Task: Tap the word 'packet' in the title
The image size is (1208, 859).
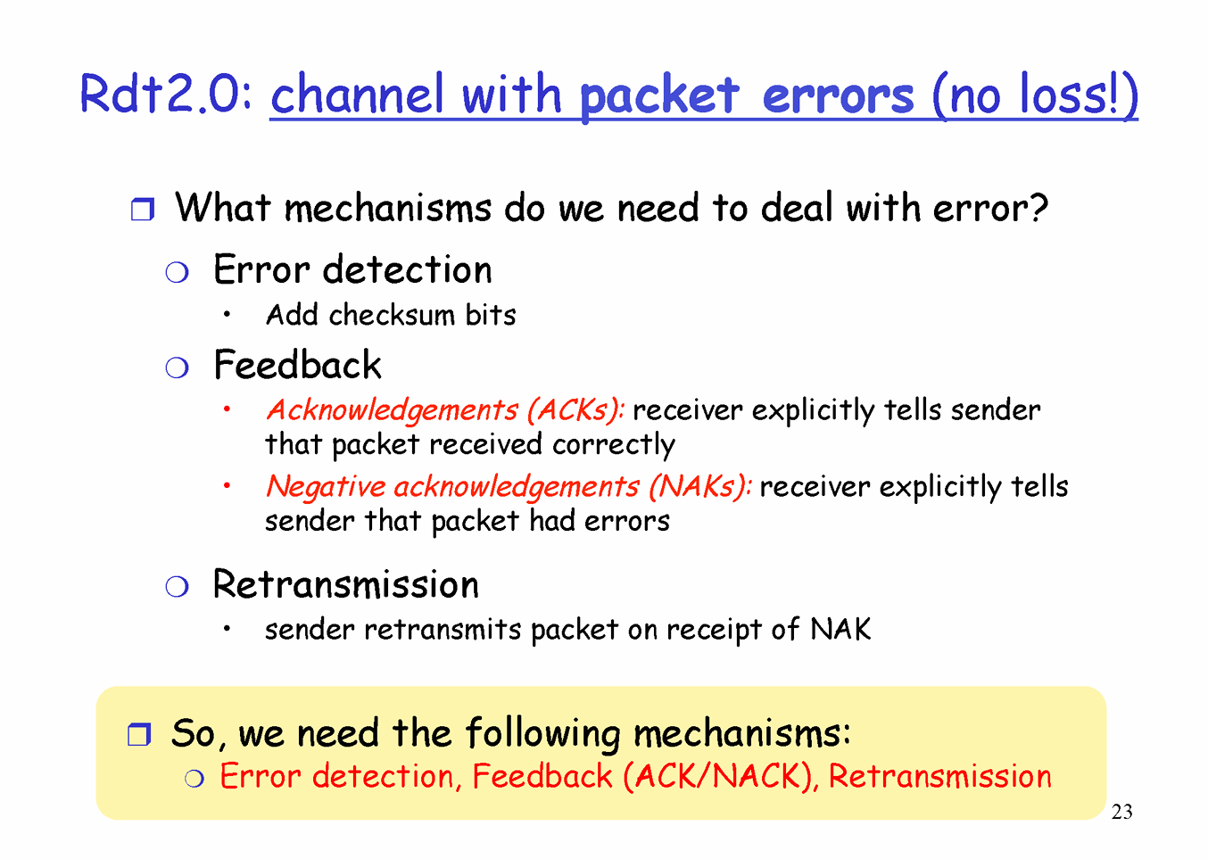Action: coord(659,97)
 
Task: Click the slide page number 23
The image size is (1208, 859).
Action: coord(1121,812)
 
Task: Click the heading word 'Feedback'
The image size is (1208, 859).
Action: coord(297,365)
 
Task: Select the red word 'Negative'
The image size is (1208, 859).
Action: coord(326,487)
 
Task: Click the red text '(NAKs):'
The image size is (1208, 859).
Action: coord(700,487)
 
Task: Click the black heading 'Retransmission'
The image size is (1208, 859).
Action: coord(345,584)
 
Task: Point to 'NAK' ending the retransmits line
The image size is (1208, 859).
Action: coord(840,629)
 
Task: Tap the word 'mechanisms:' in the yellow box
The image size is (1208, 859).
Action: coord(742,734)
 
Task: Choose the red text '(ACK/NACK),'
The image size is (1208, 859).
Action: coord(721,777)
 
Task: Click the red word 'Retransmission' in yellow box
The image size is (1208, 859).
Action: coord(940,777)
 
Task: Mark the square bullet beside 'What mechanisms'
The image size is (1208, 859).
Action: coord(143,209)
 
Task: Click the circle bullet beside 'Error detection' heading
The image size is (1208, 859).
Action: coord(177,272)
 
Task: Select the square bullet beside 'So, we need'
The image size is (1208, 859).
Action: coord(139,734)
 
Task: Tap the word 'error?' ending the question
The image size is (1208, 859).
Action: coord(990,208)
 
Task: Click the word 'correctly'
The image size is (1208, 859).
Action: coord(613,445)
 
